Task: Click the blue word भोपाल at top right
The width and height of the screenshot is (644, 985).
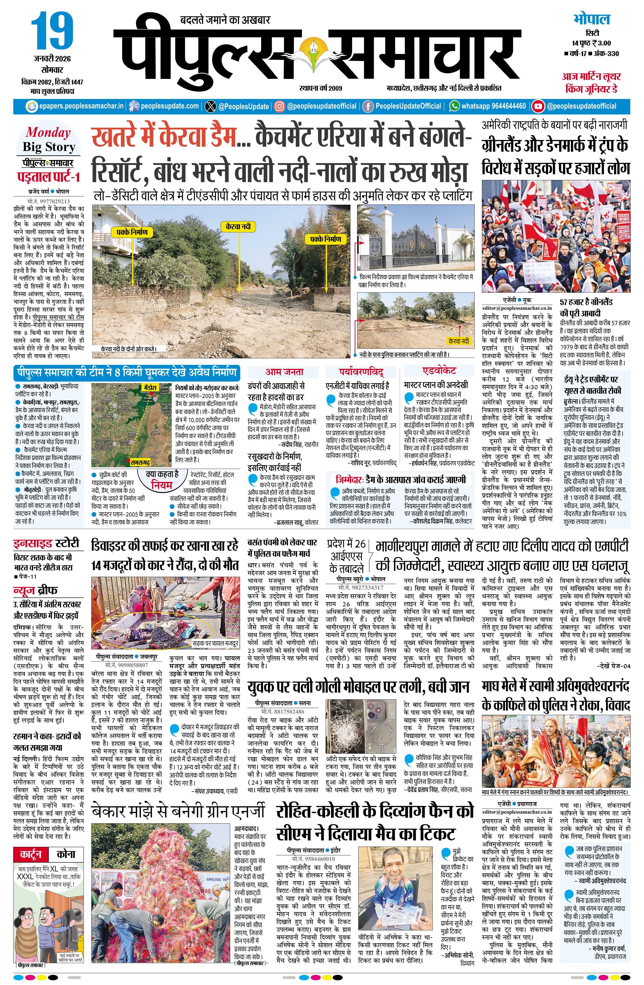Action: click(x=592, y=19)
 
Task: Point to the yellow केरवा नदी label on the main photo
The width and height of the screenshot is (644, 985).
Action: click(x=238, y=226)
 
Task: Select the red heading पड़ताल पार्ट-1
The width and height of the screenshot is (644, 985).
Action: click(x=48, y=177)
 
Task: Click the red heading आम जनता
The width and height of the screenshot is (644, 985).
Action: click(x=284, y=372)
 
